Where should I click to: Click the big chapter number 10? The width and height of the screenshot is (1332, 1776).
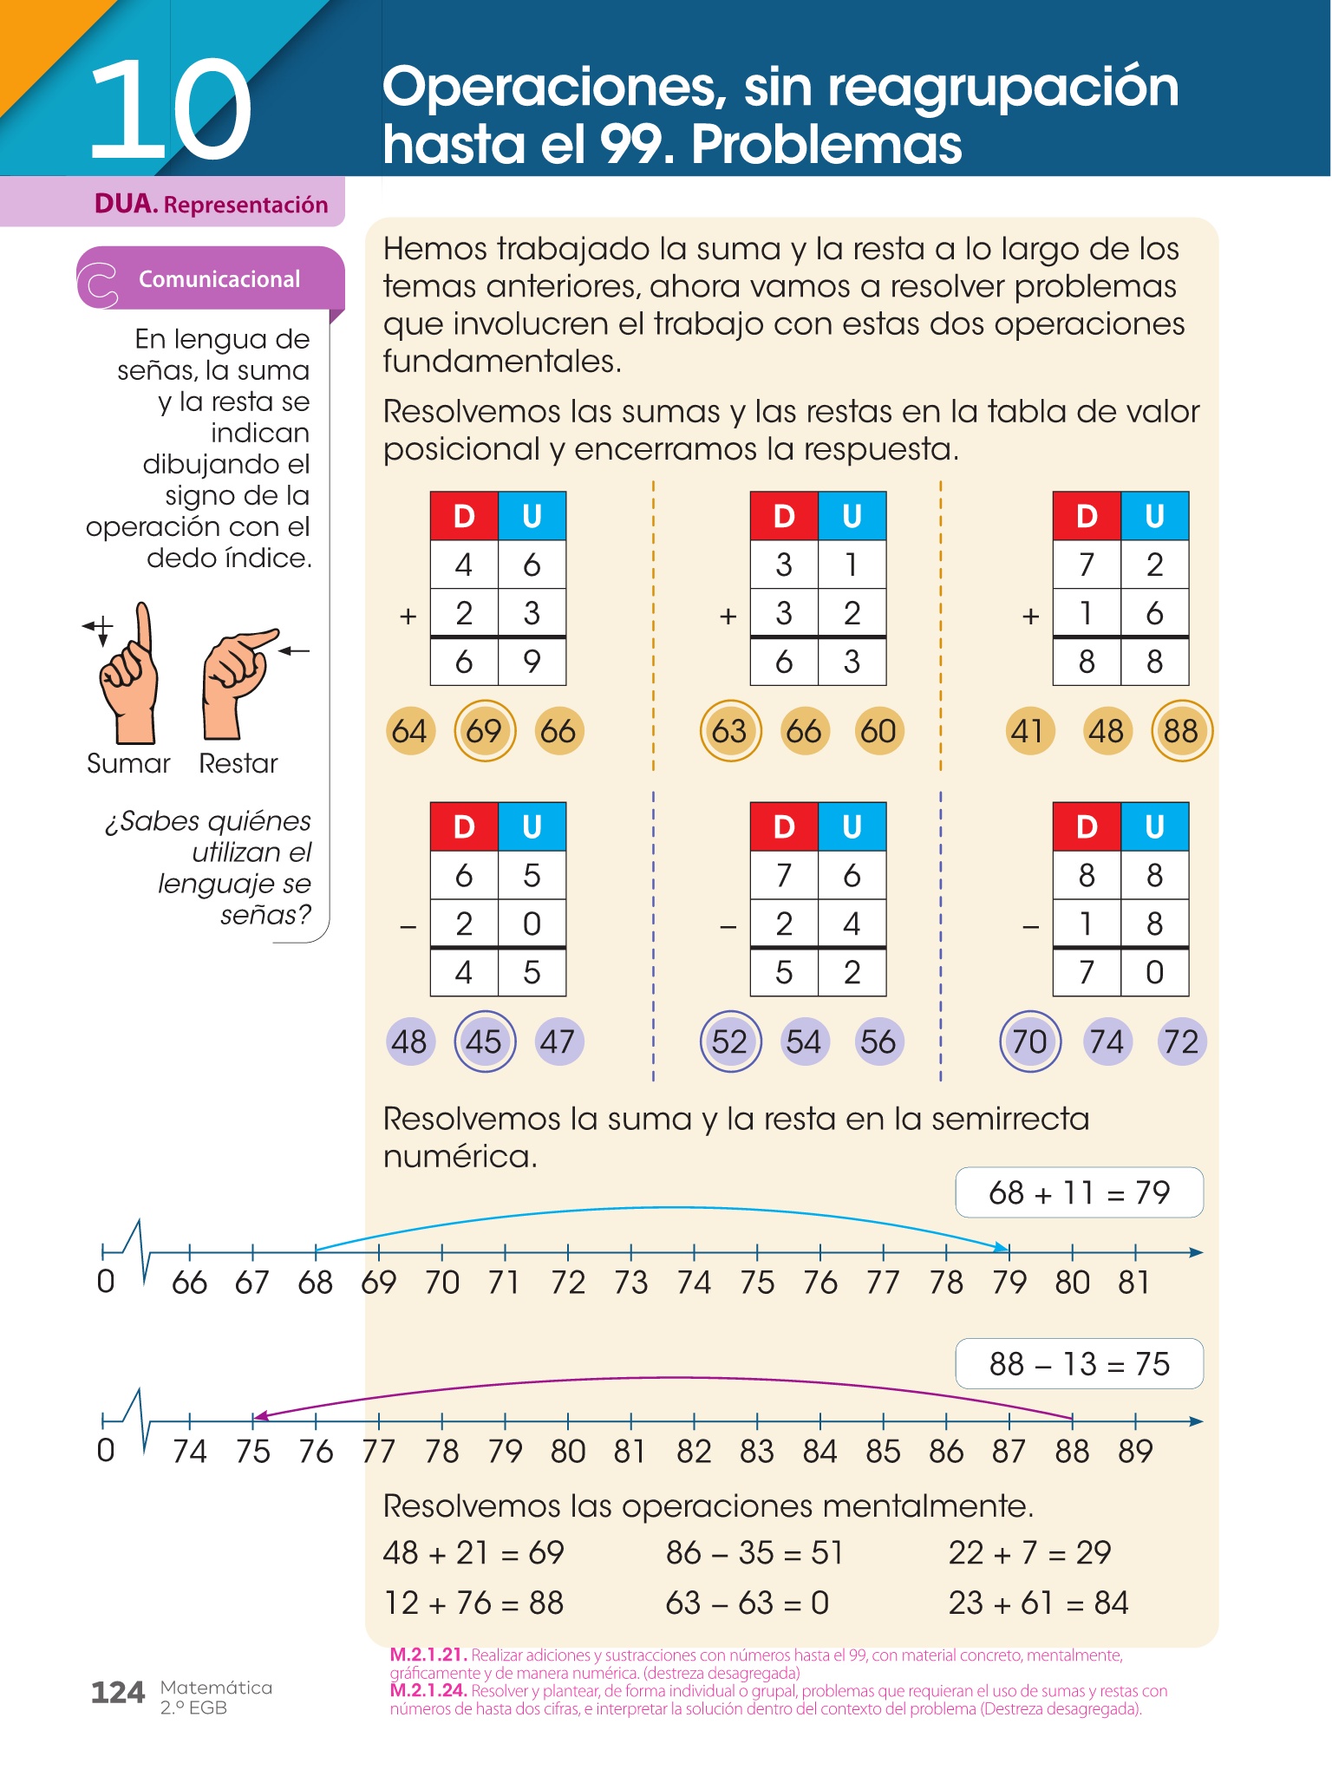click(170, 111)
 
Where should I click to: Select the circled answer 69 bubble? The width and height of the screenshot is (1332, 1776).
click(485, 731)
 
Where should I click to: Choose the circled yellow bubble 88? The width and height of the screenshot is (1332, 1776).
click(1181, 731)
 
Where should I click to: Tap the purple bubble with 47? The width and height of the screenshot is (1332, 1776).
click(558, 1041)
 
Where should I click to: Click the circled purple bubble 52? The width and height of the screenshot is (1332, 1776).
click(730, 1041)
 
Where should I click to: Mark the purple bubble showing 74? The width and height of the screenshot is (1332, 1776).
click(1107, 1041)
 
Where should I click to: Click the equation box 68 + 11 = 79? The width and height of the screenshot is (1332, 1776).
click(1079, 1193)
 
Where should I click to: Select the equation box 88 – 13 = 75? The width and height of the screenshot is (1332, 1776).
click(1079, 1364)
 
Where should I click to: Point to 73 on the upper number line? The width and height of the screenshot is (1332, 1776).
click(631, 1283)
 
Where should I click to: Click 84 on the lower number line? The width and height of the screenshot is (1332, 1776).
click(820, 1452)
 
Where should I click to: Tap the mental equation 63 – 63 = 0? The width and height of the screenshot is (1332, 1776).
click(748, 1603)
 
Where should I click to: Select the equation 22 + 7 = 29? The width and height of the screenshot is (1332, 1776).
click(1029, 1552)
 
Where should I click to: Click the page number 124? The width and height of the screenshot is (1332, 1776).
click(118, 1693)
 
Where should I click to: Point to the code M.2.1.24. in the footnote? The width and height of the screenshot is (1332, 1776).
click(428, 1691)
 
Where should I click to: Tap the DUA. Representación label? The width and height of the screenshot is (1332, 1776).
click(211, 205)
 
